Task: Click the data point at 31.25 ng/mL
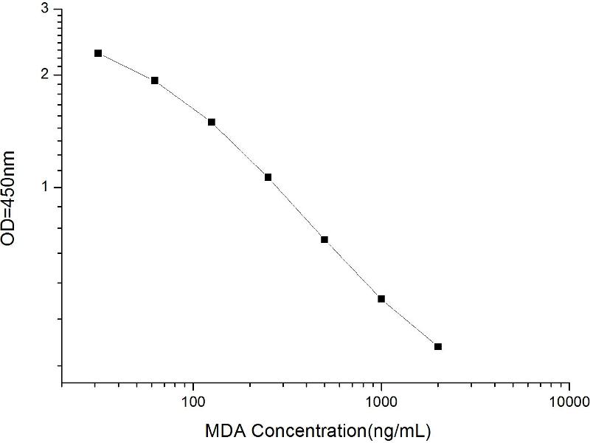(98, 53)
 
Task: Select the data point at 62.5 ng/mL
(155, 80)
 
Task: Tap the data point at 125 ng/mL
(212, 122)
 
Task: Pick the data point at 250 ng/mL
(268, 177)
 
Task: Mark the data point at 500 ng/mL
(324, 239)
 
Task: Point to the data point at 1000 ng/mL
(381, 298)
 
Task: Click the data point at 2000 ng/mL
(438, 346)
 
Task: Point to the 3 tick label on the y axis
(46, 9)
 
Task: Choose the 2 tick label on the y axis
(46, 75)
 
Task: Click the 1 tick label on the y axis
(46, 188)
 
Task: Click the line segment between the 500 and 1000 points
(353, 269)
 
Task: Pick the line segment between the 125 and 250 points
(240, 149)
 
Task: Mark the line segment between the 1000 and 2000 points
(410, 323)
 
